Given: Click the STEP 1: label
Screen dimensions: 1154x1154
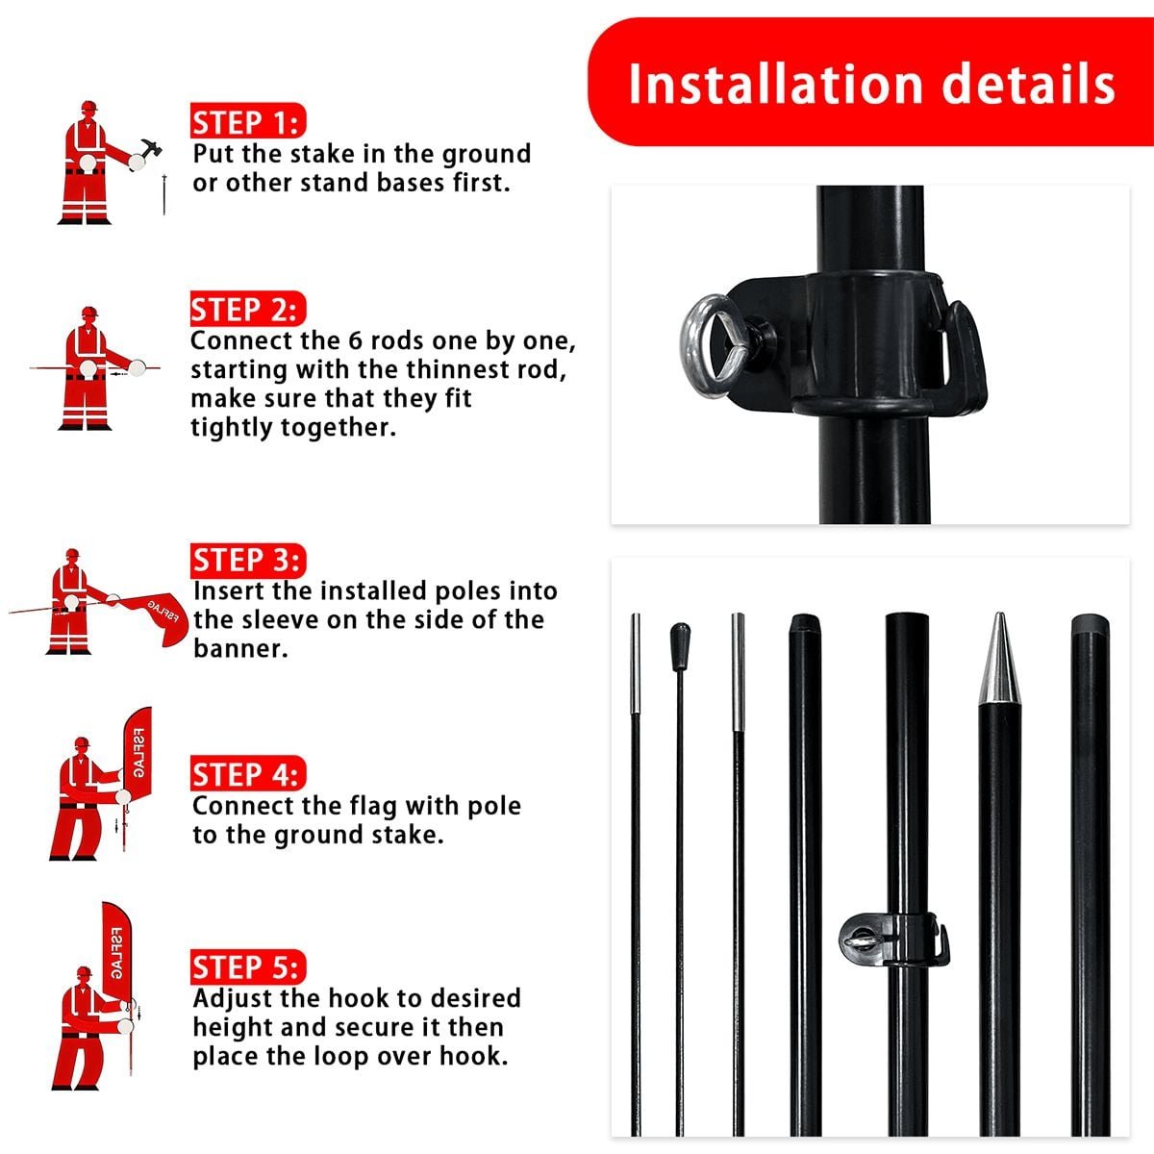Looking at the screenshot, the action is [248, 121].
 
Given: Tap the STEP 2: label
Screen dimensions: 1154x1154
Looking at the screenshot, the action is [248, 309].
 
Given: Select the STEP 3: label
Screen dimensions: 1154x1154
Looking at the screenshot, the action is [248, 560].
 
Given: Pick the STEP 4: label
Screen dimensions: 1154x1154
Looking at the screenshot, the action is [248, 774].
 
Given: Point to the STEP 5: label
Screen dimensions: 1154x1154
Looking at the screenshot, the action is [248, 966].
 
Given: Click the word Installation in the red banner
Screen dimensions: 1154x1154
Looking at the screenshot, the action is [775, 84].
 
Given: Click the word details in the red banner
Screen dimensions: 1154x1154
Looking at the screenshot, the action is [1028, 84].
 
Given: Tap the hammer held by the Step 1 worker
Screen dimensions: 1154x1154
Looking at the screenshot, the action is [150, 149].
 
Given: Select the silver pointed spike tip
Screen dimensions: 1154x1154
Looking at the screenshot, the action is [999, 658].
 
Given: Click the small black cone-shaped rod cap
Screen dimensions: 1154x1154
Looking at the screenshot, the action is [680, 646].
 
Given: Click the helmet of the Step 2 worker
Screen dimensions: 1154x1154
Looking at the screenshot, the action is [89, 313].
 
